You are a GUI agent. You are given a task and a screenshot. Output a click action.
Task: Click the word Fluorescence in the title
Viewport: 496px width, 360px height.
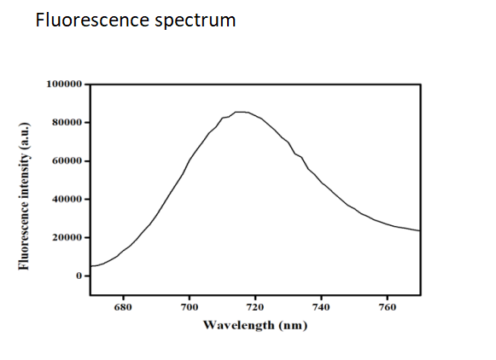(90, 20)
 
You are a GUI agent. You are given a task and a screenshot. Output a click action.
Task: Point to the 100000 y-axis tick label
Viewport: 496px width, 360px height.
(62, 84)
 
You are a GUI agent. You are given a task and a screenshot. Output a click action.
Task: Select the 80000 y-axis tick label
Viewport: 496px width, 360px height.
(66, 123)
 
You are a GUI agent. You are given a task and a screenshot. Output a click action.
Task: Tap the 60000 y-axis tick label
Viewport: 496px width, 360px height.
(66, 161)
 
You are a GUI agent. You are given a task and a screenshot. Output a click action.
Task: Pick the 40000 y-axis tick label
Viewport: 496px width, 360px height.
(66, 200)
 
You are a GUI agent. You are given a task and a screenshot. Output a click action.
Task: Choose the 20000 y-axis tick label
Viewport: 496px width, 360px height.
(66, 238)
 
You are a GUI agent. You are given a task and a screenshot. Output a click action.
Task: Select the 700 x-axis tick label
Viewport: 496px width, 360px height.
(189, 305)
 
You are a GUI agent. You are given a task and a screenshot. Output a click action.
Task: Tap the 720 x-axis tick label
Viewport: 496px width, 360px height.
(255, 305)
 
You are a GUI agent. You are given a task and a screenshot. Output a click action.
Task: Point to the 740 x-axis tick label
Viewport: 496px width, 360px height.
(322, 305)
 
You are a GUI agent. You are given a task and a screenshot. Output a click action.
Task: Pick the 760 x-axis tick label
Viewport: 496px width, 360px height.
(388, 305)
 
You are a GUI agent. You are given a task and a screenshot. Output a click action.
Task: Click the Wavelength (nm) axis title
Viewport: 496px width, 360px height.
(255, 325)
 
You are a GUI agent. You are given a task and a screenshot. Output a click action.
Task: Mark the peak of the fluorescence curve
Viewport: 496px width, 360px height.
(241, 112)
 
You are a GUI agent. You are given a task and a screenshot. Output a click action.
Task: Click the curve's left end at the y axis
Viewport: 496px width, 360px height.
(90, 266)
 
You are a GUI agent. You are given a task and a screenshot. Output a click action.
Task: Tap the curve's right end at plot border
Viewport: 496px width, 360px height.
(419, 230)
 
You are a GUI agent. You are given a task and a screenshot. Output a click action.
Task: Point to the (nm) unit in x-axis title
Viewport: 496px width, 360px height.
(291, 325)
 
